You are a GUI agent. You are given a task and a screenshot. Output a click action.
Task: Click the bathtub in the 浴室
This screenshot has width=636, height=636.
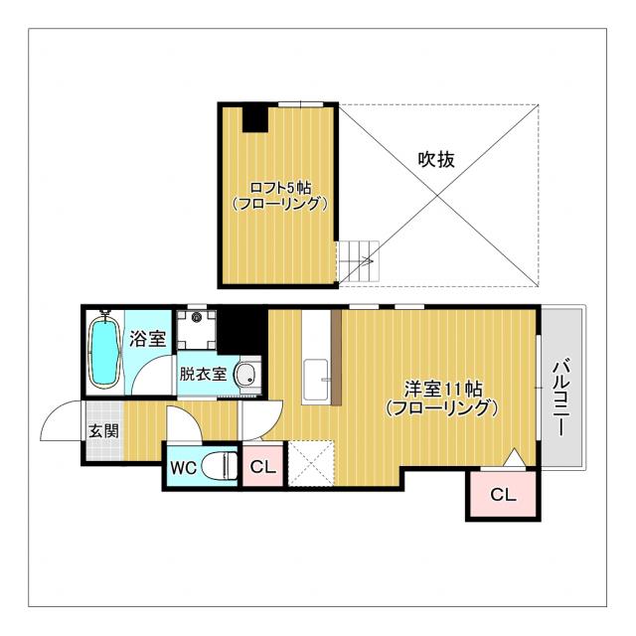click(104, 351)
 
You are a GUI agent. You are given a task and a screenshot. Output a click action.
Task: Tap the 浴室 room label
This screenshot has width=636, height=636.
click(148, 339)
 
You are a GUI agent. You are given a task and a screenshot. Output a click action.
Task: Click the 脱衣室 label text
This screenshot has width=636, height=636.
click(203, 374)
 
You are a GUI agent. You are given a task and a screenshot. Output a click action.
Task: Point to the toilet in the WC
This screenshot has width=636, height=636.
click(220, 466)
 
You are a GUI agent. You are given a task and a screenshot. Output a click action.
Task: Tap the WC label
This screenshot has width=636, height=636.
click(183, 468)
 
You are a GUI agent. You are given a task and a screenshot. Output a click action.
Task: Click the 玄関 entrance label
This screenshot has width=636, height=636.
click(104, 430)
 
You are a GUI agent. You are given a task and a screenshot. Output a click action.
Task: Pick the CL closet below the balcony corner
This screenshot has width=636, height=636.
click(504, 494)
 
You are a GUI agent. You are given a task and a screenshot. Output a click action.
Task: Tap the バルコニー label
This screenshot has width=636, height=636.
click(563, 397)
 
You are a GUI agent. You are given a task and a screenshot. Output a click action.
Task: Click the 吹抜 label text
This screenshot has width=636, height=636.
click(436, 159)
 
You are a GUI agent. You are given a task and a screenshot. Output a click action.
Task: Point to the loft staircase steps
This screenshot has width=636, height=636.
click(359, 260)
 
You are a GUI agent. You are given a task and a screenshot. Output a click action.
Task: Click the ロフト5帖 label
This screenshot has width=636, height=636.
click(281, 188)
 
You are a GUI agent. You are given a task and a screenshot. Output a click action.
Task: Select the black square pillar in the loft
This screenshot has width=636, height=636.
click(255, 119)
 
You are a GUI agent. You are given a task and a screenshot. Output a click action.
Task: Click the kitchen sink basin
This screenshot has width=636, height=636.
click(316, 380)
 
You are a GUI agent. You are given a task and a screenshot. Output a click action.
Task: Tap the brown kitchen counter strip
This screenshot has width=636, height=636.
click(336, 358)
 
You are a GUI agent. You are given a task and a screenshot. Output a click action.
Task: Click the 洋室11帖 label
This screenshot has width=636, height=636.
click(443, 390)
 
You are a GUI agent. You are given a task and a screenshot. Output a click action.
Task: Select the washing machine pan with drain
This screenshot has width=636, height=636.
click(197, 329)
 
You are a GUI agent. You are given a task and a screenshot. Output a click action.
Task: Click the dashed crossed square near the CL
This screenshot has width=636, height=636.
click(311, 464)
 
